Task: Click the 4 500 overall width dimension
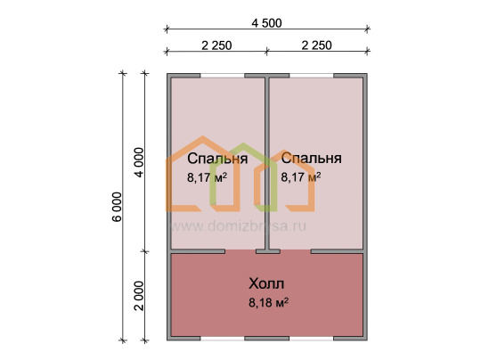[266, 23]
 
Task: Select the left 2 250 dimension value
[216, 45]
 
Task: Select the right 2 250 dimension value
[316, 45]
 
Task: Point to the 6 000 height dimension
[118, 207]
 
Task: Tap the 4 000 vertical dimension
[139, 162]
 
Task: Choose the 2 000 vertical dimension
[139, 296]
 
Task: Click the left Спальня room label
[217, 159]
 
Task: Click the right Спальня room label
[312, 159]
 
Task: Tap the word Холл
[266, 283]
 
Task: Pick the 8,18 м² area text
[268, 303]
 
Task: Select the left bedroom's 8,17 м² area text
[207, 177]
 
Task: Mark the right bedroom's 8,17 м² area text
[301, 177]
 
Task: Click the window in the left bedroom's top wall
[223, 76]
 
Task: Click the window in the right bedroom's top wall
[312, 76]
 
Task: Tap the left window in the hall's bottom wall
[223, 339]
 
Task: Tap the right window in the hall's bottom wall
[312, 339]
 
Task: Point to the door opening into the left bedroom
[240, 251]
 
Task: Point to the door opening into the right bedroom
[296, 251]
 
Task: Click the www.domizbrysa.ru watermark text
[238, 226]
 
